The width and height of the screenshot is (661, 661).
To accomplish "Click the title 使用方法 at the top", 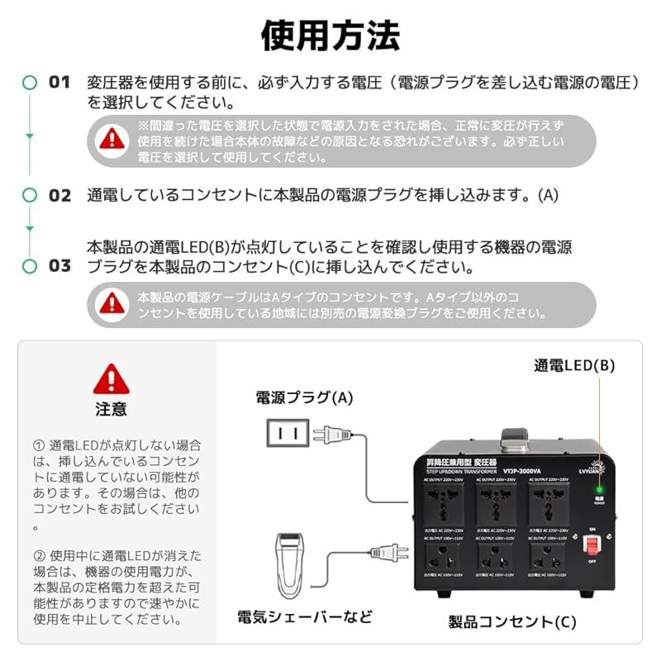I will coord(330,36).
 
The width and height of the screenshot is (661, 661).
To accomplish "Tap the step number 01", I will coord(59,82).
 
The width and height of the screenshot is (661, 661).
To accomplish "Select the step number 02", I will coord(59,196).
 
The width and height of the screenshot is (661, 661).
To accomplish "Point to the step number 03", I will coord(59,266).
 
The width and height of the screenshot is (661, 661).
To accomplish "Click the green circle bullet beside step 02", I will coord(30,196).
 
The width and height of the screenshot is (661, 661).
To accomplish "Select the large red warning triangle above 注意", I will coord(111,379).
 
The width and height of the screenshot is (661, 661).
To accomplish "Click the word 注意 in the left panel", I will coord(111,408).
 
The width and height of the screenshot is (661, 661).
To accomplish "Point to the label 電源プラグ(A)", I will coord(303,397).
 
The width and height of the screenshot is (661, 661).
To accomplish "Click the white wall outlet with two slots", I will coord(287,432).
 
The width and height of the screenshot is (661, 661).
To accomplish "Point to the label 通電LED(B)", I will coord(574,365).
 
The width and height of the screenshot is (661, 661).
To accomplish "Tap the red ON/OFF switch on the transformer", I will coord(592,546).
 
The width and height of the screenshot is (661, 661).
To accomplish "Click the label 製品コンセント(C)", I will coord(512,622).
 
